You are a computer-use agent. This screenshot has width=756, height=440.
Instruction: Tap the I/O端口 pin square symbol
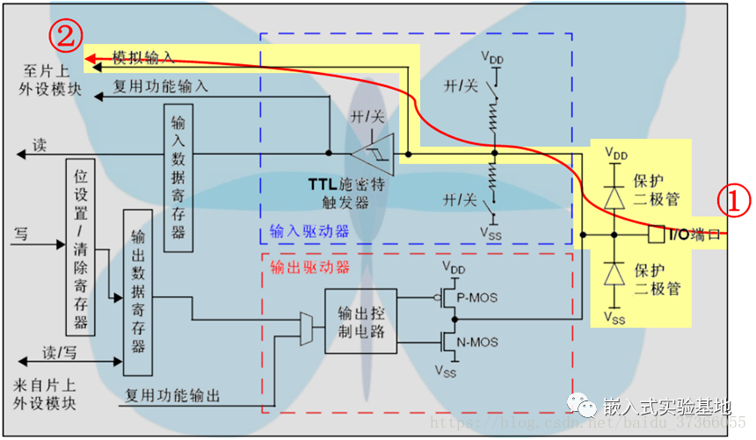point(654,234)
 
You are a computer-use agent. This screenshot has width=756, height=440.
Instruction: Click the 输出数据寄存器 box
point(137,293)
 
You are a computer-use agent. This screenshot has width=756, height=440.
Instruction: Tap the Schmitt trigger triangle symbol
point(374,153)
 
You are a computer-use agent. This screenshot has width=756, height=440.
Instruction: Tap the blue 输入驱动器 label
point(309,232)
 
